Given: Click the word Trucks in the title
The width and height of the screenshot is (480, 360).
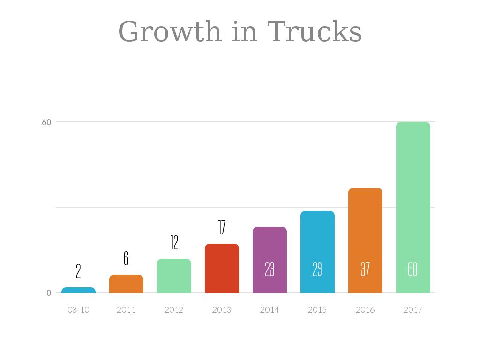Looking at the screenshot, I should click(315, 31).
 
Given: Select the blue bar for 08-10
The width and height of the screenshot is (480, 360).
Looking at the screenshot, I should click(78, 290).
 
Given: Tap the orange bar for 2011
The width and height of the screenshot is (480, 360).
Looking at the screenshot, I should click(126, 284).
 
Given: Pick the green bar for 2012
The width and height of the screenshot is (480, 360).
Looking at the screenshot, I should click(174, 276).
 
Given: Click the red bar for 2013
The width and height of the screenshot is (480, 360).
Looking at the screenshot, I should click(222, 269).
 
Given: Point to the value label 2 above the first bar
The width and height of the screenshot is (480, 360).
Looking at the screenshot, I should click(78, 271).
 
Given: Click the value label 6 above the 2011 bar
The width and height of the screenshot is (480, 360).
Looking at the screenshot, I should click(126, 258).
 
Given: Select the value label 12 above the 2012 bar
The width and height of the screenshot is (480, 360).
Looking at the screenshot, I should click(174, 243).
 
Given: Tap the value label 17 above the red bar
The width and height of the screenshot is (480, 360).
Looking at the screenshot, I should click(222, 227).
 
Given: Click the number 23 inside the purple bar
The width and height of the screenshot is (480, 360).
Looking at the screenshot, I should click(270, 269).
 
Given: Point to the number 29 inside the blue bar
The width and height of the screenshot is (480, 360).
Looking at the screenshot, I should click(317, 269).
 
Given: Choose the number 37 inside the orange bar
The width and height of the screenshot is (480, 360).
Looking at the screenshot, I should click(365, 269).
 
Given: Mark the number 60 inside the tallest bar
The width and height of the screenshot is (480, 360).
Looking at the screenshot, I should click(412, 269).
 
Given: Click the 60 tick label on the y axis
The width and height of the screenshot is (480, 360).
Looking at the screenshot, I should click(46, 122).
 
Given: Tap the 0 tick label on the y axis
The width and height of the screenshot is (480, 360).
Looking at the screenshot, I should click(49, 293).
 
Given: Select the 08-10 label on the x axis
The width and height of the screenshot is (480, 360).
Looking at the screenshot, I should click(78, 310).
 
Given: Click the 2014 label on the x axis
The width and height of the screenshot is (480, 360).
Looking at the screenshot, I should click(270, 310).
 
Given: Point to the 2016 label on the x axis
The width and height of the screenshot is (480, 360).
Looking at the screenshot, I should click(365, 310).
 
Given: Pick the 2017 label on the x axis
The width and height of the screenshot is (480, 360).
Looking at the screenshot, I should click(413, 310).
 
